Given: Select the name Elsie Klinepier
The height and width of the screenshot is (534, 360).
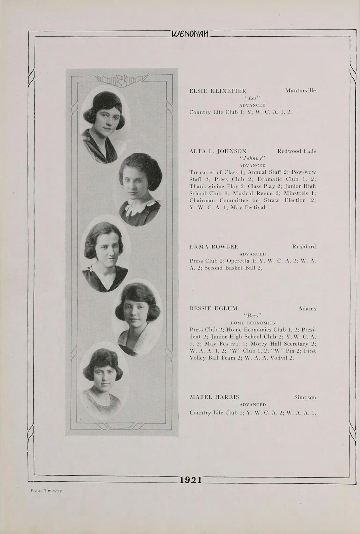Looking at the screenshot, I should coord(218,91).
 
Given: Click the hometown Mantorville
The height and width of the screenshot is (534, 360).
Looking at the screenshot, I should coord(300,91).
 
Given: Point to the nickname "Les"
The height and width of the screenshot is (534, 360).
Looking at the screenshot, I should coord(252,98).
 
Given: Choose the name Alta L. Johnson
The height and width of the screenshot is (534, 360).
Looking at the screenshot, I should coord(218,151).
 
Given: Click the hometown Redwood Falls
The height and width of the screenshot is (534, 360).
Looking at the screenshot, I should coord(297,151).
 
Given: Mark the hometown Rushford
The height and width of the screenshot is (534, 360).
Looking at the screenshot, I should coord(304,247).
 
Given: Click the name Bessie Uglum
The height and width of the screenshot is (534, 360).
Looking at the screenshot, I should coord(214,309).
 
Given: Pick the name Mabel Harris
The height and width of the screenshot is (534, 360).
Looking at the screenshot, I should coord(214,397).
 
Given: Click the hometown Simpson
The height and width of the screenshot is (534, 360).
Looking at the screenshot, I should coord(305,397).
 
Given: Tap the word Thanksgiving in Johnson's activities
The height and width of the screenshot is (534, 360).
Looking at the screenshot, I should coord(206,186).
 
